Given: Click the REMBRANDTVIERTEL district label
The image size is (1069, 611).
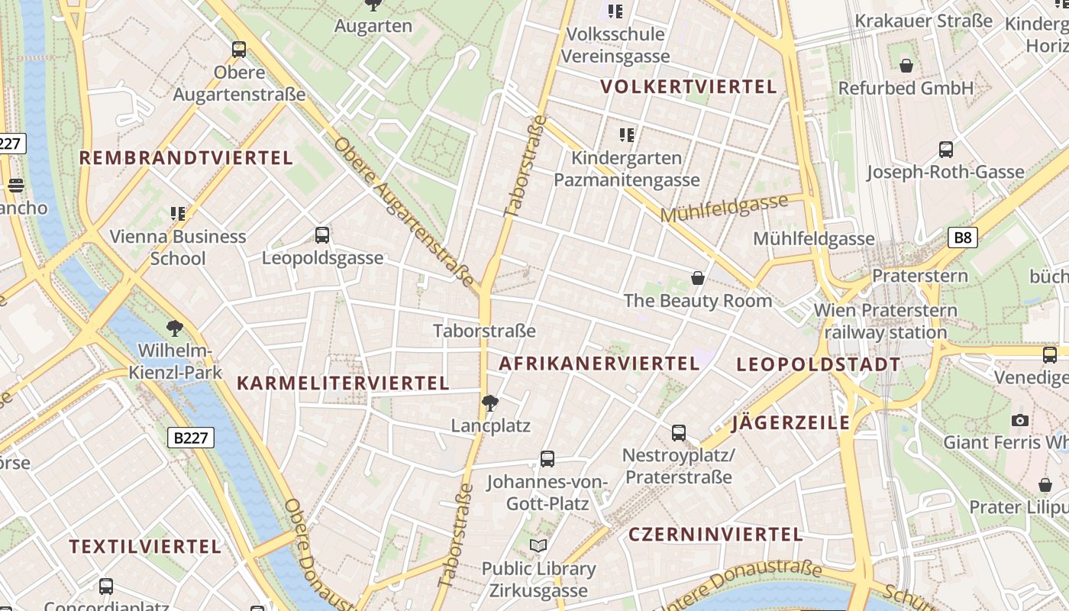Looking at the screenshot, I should click(186, 158).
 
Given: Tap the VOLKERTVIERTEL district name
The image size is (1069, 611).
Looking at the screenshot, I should click(689, 86).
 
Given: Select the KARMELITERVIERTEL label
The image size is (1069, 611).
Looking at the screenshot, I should click(343, 383).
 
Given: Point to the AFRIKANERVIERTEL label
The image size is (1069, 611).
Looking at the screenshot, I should click(599, 364).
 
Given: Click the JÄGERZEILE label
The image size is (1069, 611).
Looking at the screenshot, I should click(791, 423).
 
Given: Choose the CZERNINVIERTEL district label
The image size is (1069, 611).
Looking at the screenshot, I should click(715, 535).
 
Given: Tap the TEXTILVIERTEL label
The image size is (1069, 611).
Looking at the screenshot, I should click(146, 547).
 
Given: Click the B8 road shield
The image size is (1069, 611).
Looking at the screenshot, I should click(963, 238).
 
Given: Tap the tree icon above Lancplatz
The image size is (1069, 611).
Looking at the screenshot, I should click(490, 403).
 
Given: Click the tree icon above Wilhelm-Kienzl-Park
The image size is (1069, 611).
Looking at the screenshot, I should click(175, 329).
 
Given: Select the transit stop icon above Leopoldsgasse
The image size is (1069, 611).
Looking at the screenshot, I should click(322, 235).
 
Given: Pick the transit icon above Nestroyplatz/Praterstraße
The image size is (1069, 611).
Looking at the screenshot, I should click(679, 433).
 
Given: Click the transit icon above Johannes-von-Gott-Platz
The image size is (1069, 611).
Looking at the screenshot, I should click(547, 459).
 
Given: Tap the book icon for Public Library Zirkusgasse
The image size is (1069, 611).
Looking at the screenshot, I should click(538, 545).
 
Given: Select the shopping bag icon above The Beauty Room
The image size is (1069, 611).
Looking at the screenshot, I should click(697, 277).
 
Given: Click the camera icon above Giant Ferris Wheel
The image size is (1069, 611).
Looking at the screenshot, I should click(1019, 420).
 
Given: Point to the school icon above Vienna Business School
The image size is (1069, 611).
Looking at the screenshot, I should click(178, 214).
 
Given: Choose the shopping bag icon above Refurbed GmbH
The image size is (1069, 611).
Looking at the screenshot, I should click(906, 66).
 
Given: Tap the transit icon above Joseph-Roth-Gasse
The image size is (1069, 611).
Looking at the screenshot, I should click(946, 150).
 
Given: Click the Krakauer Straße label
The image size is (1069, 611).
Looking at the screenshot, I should click(924, 21).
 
